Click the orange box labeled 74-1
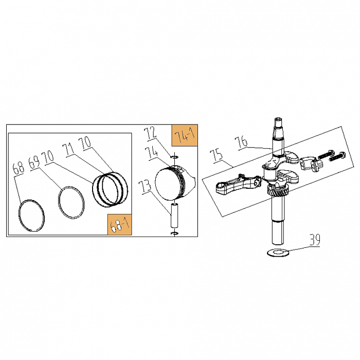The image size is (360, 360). coord(185,135)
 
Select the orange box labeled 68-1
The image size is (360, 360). coord(120,225)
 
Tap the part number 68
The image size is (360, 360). coord(19,168)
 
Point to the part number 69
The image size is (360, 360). coord(34,163)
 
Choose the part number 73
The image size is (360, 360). coord(146,187)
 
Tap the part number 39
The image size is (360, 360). coord(315,240)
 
